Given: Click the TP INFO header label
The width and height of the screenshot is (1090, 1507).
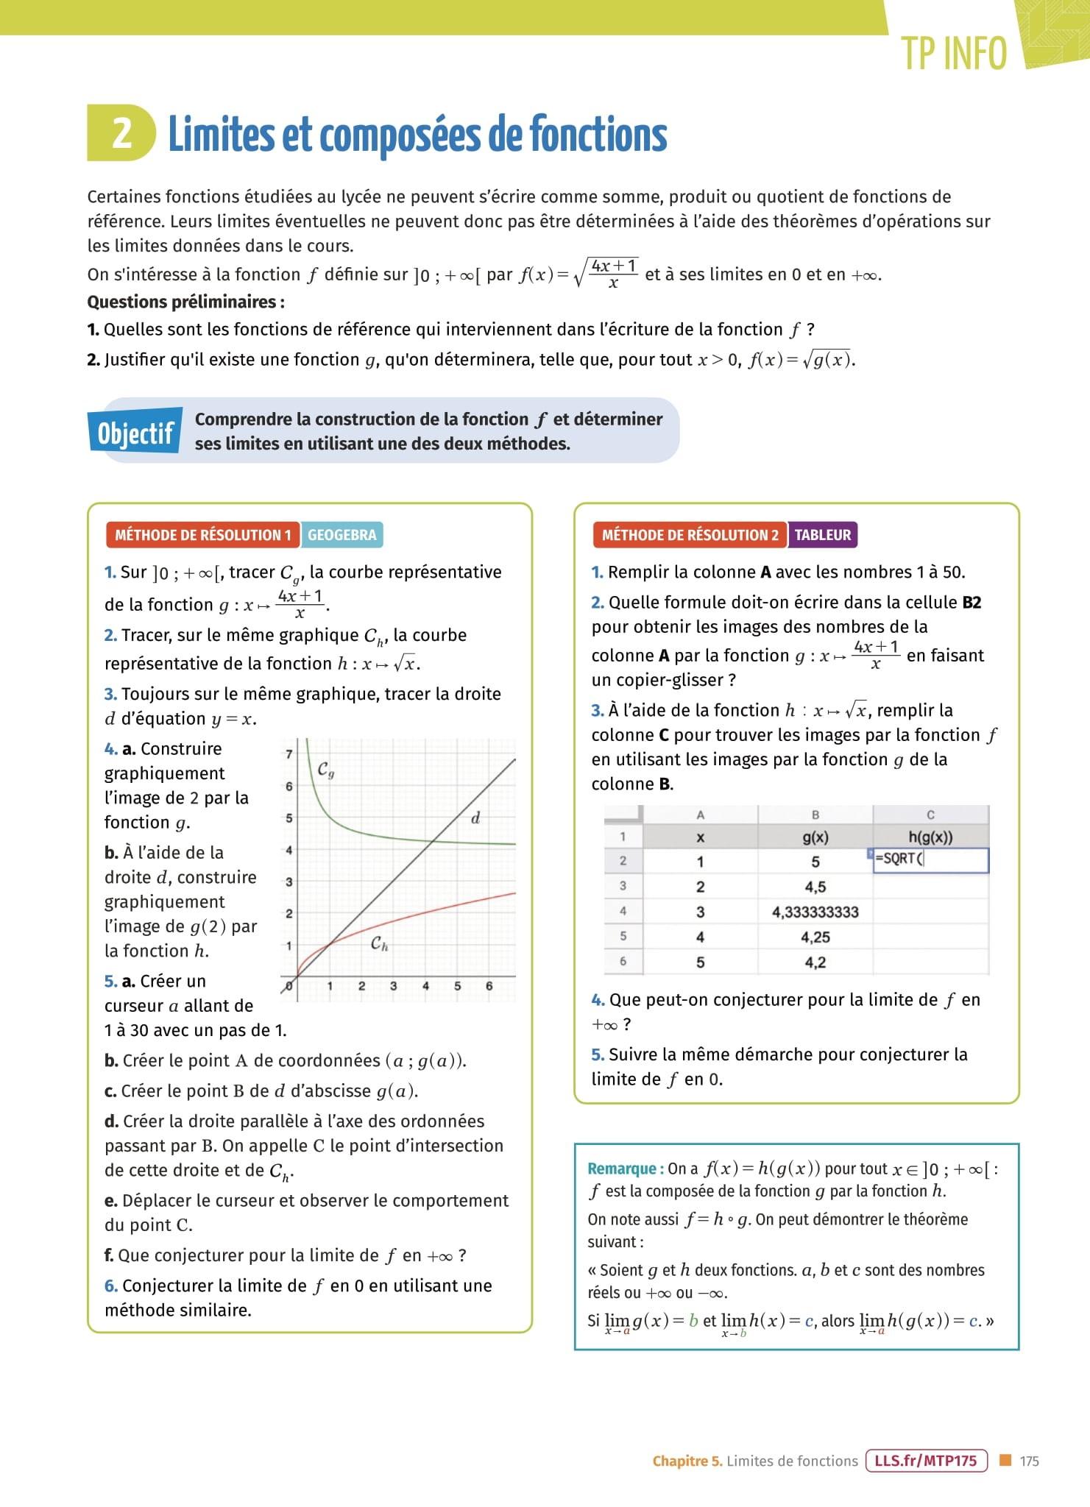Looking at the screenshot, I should click(x=954, y=53).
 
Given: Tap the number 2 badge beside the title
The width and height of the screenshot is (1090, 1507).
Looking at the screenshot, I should click(x=122, y=133).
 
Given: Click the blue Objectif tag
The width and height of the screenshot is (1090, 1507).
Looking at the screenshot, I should click(x=135, y=433).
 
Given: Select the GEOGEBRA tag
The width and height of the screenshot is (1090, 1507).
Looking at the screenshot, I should click(x=341, y=535).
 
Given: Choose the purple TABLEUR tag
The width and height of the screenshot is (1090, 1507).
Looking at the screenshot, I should click(x=822, y=535).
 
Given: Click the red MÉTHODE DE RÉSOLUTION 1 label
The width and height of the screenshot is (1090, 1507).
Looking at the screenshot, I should click(x=202, y=535).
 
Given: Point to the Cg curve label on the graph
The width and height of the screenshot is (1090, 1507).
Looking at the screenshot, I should click(x=326, y=770).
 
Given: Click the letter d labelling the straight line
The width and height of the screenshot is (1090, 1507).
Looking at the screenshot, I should click(x=475, y=818).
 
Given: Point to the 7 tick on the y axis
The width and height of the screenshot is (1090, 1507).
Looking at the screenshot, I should click(x=289, y=754).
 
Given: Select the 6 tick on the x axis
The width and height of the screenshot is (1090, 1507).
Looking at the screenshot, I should click(x=489, y=986).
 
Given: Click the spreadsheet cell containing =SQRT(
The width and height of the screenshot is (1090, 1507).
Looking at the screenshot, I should click(x=930, y=859).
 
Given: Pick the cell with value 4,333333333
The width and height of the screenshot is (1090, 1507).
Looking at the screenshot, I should click(x=815, y=912).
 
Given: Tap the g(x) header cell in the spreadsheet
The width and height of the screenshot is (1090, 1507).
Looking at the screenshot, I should click(x=815, y=837).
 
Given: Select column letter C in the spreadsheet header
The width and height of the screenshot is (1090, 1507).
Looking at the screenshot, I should click(x=930, y=815).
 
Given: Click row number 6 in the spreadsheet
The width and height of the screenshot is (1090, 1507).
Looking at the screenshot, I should click(x=623, y=961).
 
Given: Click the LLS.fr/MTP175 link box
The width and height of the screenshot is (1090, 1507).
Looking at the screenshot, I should click(x=926, y=1461).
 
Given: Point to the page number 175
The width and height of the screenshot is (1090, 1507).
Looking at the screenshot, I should click(x=1029, y=1461).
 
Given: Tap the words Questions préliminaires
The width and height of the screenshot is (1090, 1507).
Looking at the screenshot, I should click(x=185, y=302).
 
